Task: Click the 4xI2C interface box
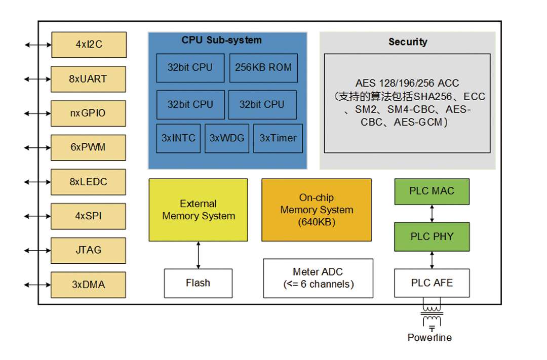click(x=89, y=45)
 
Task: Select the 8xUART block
click(x=89, y=79)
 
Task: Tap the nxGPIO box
click(x=89, y=113)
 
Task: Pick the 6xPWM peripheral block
click(x=89, y=147)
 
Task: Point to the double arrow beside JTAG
click(x=38, y=251)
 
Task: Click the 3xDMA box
click(x=89, y=285)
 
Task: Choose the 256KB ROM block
click(x=263, y=67)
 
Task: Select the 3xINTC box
click(x=178, y=138)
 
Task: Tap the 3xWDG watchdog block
click(x=227, y=138)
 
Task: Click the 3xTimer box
click(x=278, y=138)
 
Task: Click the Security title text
click(x=408, y=42)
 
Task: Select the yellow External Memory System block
click(x=198, y=210)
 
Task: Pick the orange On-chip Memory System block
click(x=316, y=210)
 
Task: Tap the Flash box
click(x=198, y=283)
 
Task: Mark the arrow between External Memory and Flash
click(x=198, y=255)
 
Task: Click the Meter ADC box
click(x=318, y=278)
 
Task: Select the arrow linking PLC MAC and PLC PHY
click(x=432, y=213)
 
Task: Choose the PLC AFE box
click(x=432, y=283)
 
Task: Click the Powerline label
click(x=429, y=337)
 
